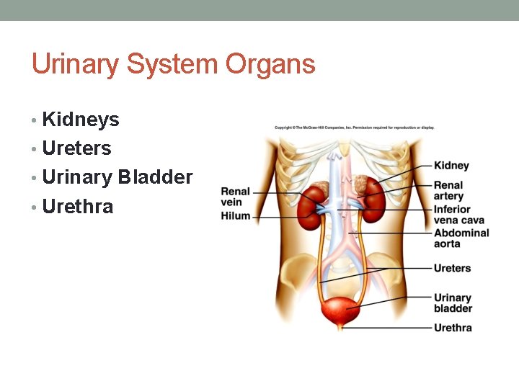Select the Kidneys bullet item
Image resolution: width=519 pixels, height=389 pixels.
(x=80, y=120)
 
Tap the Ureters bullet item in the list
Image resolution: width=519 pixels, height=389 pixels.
(x=76, y=148)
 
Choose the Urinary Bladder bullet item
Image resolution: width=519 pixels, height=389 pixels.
(x=117, y=177)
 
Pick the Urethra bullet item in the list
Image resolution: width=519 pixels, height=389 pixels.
(x=77, y=207)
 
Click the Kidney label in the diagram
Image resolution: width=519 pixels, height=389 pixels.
(x=451, y=166)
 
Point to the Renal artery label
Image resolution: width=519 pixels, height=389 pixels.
(x=448, y=191)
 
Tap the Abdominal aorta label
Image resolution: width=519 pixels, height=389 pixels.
(x=461, y=238)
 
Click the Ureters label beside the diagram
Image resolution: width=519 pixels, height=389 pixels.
(x=452, y=268)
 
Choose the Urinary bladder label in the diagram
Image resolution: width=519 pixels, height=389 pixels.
(x=453, y=303)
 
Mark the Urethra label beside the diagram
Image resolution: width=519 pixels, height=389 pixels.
(x=453, y=328)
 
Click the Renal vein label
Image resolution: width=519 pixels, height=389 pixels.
(x=235, y=197)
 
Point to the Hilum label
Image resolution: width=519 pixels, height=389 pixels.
(x=235, y=215)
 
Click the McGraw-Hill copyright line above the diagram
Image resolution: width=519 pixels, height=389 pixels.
(x=354, y=128)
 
